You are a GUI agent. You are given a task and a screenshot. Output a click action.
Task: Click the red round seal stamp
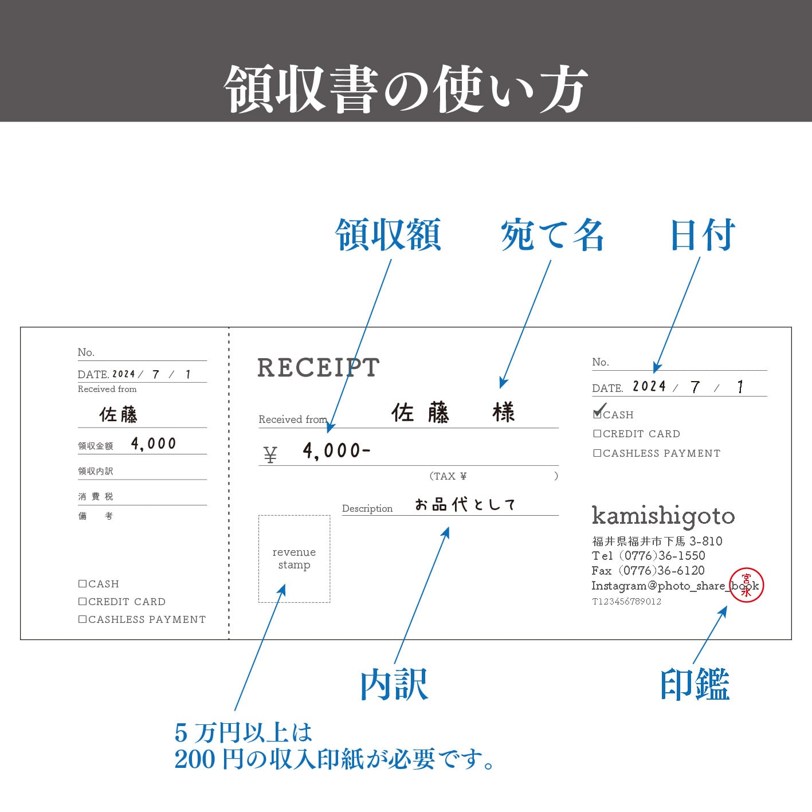pos(746,585)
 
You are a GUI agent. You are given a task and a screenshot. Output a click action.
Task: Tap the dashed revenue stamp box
pos(294,559)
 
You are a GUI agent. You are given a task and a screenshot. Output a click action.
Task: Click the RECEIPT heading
pos(318,368)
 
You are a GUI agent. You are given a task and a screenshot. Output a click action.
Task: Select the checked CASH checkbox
pos(598,414)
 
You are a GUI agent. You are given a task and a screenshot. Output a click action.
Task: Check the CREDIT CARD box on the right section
pos(597,434)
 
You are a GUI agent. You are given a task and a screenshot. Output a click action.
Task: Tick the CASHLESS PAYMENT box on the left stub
pos(83,619)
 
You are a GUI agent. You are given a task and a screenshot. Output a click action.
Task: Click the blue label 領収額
pos(388,235)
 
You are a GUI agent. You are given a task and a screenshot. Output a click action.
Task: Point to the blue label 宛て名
pos(552,235)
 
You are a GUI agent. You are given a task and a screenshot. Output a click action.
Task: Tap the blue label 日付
pos(703,235)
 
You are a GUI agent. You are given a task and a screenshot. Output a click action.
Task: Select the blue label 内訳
pos(394,684)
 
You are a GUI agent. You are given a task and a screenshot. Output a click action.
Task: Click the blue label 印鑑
pos(695,684)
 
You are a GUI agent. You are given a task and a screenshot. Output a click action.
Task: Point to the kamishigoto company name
pos(663,516)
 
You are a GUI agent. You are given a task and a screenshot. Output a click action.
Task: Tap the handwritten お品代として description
pos(465,504)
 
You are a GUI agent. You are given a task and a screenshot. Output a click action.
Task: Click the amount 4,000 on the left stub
pos(153,444)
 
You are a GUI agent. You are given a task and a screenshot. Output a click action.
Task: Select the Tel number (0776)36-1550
pos(662,556)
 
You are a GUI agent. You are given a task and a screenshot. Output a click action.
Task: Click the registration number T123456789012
pos(626,601)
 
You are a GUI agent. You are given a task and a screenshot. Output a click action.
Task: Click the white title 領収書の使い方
pos(406,89)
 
